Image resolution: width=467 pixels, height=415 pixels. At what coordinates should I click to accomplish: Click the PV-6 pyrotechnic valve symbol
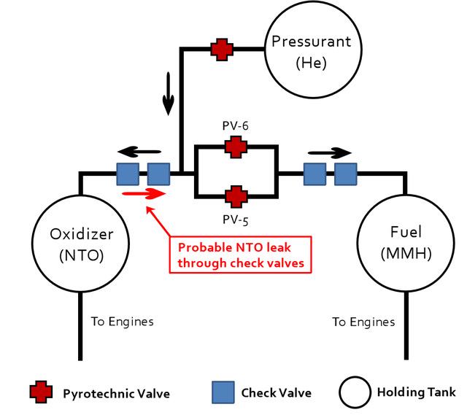236,147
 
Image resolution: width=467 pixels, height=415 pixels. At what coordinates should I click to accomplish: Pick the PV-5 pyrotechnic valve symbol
236,197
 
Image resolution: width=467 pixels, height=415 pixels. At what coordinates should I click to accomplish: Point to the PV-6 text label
235,126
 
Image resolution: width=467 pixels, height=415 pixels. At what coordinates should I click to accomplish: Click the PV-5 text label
235,220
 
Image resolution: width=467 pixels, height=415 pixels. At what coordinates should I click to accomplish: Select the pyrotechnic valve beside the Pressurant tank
222,50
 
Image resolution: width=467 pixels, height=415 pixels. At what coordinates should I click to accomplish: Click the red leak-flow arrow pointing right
144,193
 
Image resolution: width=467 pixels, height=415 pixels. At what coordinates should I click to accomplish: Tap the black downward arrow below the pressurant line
169,93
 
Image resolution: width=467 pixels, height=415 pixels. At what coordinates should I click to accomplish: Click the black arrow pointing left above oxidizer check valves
139,152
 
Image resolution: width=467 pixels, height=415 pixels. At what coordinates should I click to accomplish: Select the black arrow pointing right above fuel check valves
330,153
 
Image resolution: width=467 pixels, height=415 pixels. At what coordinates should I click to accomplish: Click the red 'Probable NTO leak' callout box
240,237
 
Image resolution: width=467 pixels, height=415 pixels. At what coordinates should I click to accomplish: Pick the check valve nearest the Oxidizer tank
128,174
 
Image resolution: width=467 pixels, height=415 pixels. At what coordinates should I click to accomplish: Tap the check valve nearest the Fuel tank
345,174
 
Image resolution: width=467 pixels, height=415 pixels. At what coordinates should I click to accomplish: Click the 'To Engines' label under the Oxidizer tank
123,322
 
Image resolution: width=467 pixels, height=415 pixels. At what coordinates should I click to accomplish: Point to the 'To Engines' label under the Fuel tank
363,322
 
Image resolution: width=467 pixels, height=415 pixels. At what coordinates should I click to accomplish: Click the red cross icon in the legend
41,392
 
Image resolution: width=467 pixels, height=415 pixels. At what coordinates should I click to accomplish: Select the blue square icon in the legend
223,392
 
